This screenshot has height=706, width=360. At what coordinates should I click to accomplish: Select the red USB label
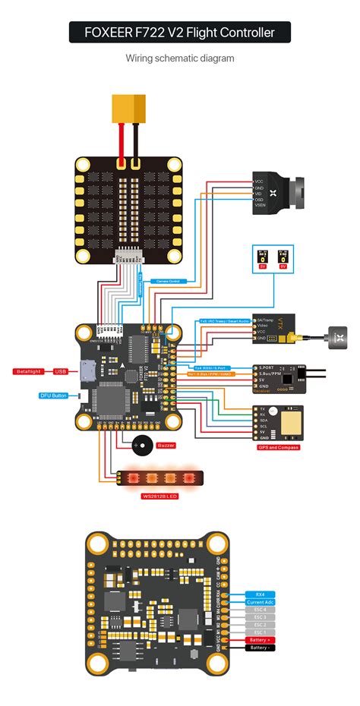[61, 371]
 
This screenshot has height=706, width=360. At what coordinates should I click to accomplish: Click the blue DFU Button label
[53, 396]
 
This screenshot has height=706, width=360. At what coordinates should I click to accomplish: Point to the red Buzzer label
[166, 446]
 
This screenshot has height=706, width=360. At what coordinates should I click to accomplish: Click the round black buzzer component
[141, 446]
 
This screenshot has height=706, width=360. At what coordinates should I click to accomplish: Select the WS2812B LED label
[159, 496]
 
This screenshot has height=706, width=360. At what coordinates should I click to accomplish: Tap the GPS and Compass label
[278, 447]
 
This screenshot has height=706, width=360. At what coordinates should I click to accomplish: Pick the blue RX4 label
[261, 594]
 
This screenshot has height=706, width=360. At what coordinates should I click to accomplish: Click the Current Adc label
[261, 603]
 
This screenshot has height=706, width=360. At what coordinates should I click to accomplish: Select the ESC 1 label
[261, 632]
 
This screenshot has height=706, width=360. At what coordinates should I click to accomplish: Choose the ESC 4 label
[261, 612]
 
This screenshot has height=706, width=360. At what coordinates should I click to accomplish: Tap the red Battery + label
[261, 641]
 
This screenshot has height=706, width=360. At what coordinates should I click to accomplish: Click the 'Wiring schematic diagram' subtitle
[180, 58]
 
